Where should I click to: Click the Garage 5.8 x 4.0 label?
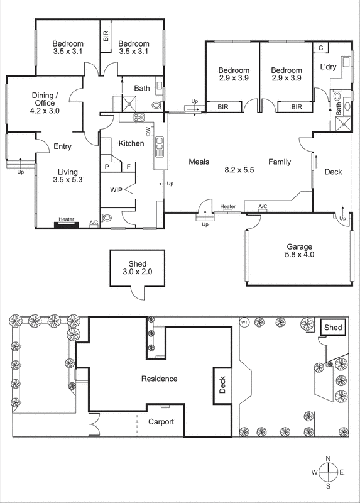299,251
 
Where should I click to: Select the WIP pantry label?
116,190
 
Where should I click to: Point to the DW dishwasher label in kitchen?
148,131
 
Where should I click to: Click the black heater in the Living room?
66,223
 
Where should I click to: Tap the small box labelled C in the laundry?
320,48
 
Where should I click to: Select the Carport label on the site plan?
161,422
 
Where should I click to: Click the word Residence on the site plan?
159,379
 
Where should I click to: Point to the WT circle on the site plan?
244,323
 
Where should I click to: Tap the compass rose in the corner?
327,472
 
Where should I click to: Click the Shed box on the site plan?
333,328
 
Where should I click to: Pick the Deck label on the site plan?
221,385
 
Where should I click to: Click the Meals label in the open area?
199,162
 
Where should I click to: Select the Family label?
280,162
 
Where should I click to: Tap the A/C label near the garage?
263,206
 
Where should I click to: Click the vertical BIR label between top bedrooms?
106,37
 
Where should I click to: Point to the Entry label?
62,146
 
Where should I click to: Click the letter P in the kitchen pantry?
107,167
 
